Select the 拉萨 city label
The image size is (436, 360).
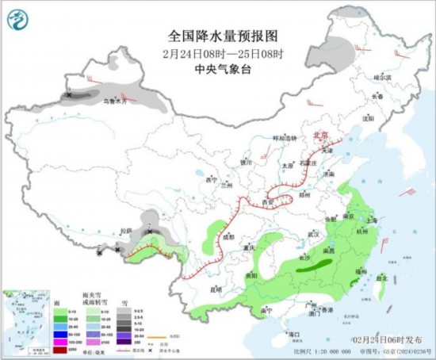126,232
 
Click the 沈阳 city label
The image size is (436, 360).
366,118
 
